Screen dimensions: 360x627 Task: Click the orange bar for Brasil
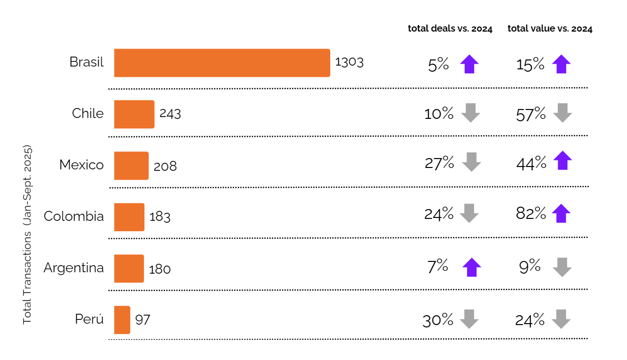point(222,63)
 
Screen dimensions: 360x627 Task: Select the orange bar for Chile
point(134,114)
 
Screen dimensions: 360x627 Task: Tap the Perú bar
point(122,320)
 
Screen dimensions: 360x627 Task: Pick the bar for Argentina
point(129,268)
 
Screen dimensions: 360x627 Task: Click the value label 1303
point(349,62)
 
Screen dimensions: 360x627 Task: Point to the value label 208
point(165,166)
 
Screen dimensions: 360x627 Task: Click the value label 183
point(160,217)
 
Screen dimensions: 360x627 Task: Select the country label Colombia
point(74,216)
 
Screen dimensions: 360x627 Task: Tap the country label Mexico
point(81,165)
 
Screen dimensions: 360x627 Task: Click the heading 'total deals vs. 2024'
point(450,29)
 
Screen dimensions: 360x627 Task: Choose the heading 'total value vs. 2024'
point(550,29)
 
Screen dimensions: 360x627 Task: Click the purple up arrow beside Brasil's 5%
point(469,64)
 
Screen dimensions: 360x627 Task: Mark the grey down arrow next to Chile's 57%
point(562,113)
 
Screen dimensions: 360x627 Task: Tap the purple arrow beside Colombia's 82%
point(561,214)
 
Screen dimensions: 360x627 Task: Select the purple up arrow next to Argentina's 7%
point(472,268)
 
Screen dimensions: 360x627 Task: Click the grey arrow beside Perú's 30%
point(469,319)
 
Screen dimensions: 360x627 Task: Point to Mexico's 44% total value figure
point(531,163)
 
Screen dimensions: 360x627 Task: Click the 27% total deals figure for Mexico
point(439,163)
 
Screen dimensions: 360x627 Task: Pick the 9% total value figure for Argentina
point(529,267)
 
